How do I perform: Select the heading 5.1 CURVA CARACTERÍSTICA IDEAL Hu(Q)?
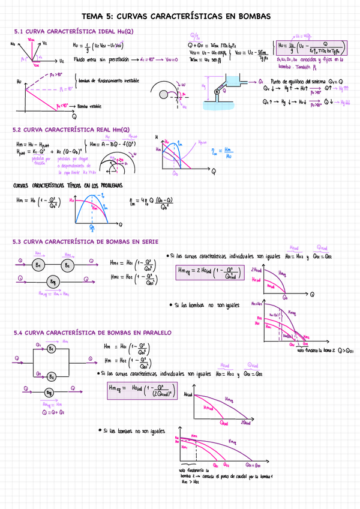(74, 31)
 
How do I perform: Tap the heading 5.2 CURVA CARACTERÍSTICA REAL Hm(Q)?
(71, 130)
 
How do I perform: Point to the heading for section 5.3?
(85, 242)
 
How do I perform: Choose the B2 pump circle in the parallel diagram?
(52, 376)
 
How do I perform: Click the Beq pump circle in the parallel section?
(52, 392)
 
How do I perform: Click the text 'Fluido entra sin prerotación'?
(101, 60)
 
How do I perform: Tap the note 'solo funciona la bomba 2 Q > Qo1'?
(328, 350)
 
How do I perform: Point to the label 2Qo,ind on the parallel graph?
(247, 423)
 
